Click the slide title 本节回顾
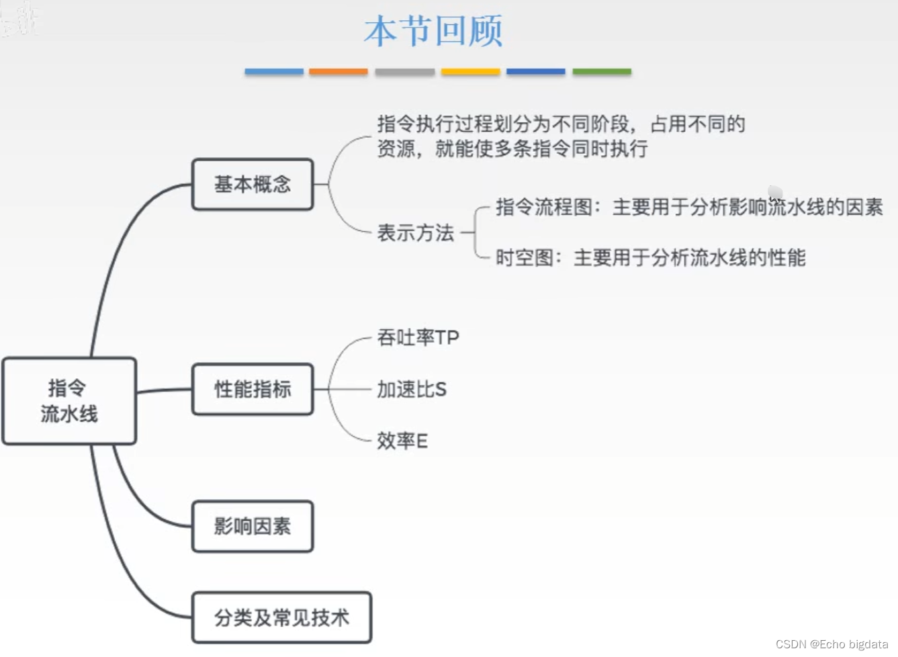433,32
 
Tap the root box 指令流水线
69,401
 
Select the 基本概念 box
253,185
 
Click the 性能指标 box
253,390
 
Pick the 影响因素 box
253,527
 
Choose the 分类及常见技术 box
281,618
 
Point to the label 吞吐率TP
418,337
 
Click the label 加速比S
411,390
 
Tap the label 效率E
402,441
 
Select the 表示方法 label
415,233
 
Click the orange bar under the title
338,71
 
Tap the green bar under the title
602,71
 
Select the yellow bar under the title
470,71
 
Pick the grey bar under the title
404,71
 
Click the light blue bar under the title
274,71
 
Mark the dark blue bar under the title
535,71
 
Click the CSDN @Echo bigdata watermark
832,644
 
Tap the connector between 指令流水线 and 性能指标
165,390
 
